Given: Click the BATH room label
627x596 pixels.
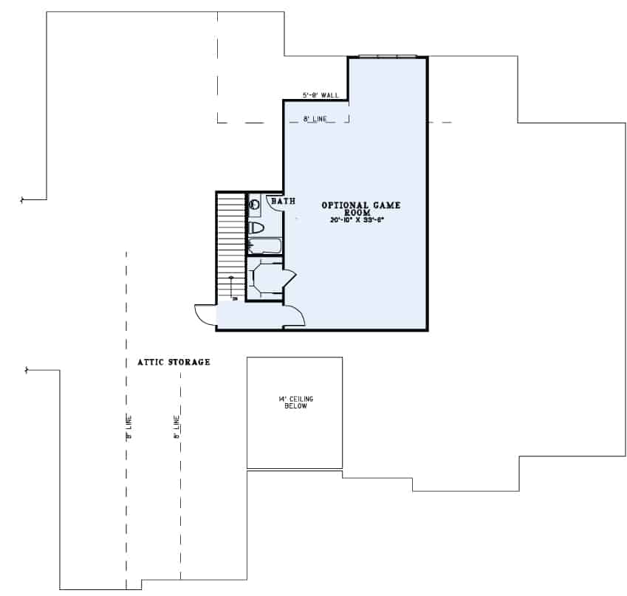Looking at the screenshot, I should (283, 200).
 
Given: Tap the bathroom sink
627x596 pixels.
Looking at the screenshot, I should (254, 203).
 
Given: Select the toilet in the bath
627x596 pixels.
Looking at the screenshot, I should (256, 227).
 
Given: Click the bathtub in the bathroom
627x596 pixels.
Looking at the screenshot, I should (264, 245).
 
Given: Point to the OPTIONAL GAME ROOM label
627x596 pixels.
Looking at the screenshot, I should (360, 208).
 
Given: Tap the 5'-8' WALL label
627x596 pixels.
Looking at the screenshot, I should (321, 95).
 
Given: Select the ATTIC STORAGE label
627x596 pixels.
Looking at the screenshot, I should (174, 363).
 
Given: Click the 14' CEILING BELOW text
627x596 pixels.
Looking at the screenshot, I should (295, 403).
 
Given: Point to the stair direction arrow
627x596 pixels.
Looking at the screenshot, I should (231, 287).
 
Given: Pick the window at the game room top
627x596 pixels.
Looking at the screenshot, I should (387, 55).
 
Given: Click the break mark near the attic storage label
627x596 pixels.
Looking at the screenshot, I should (27, 369).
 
